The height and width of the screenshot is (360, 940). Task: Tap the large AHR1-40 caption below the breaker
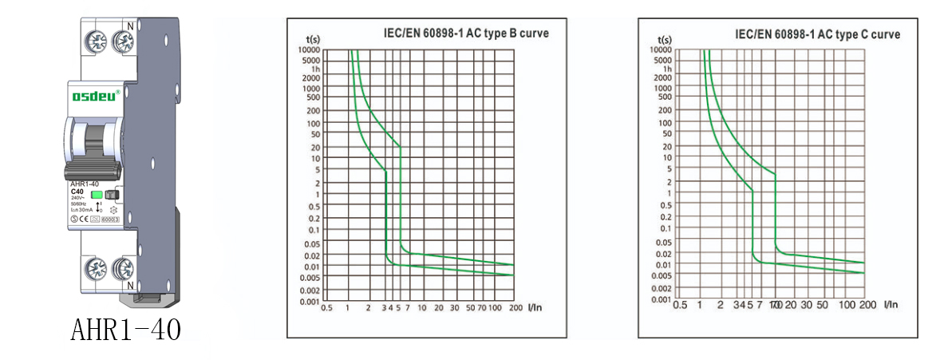point(125,329)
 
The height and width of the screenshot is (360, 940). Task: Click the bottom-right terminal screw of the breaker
point(124,266)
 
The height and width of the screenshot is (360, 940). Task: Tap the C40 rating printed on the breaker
point(77,192)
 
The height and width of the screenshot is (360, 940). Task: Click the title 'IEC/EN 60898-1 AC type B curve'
point(466,34)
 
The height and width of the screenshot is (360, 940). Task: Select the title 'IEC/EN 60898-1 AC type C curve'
point(817,34)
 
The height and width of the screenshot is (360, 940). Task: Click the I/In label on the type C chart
point(891,304)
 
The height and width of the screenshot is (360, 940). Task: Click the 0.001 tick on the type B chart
point(308,302)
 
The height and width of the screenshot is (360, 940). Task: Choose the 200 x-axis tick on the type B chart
point(515,307)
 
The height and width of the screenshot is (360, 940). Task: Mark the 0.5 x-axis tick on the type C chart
point(679,305)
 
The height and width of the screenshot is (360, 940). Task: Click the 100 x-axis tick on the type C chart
point(846,305)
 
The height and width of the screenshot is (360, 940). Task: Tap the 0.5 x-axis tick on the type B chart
point(326,307)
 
